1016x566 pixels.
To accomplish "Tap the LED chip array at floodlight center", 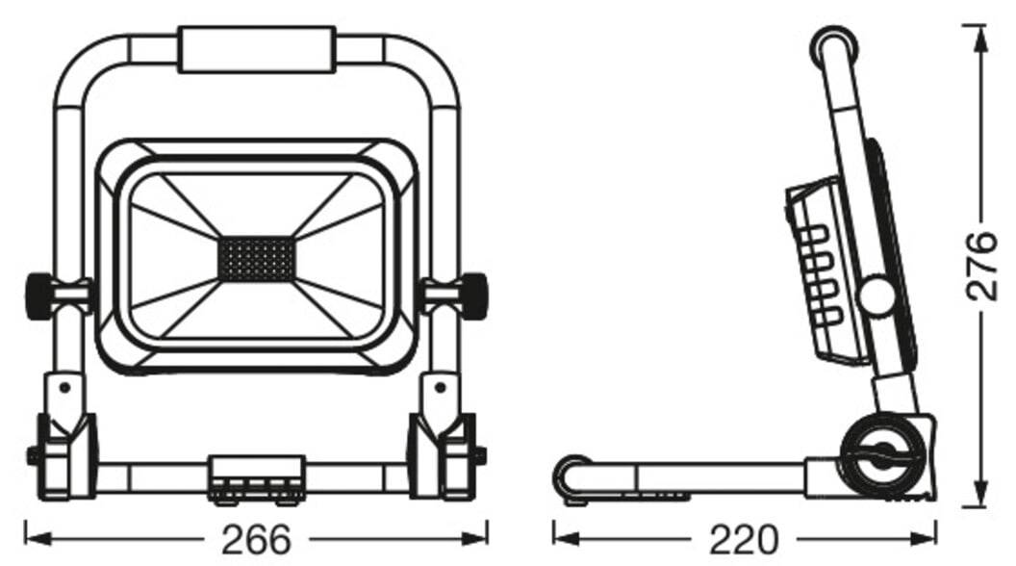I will click(x=256, y=258).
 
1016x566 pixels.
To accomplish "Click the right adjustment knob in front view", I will click(x=473, y=295).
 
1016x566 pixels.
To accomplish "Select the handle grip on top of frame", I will click(x=256, y=50).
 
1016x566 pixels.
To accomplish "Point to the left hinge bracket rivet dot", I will click(x=64, y=388).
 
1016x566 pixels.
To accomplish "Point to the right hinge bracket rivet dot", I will click(x=441, y=388).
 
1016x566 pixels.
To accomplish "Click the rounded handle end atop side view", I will click(x=833, y=46).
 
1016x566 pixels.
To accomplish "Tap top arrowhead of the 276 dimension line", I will click(x=980, y=30).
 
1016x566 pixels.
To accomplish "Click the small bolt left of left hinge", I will click(x=32, y=454).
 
